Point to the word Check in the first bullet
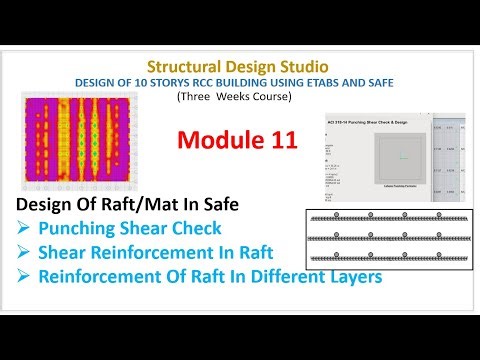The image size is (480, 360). (200, 229)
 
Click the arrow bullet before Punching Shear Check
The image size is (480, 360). (25, 229)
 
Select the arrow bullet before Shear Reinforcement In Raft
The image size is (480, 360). (25, 252)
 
